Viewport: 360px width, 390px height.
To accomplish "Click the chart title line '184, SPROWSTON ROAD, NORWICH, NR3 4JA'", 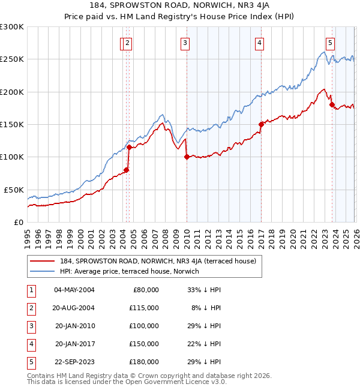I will (x=180, y=5).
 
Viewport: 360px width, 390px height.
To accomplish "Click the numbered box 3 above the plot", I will (x=185, y=43).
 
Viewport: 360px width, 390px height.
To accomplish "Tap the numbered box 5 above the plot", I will (x=331, y=43).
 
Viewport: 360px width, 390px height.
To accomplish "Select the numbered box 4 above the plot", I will (x=259, y=43).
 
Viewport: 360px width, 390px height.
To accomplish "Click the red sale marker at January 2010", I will (x=187, y=157).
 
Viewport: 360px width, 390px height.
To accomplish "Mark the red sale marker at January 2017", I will (x=261, y=125).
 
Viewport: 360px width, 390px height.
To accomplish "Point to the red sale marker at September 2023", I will (x=332, y=105).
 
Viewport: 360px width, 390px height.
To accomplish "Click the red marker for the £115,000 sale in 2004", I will (x=129, y=147).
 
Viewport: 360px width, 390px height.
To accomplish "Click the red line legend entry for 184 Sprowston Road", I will (x=158, y=261).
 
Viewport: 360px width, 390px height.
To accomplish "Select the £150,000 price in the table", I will (x=145, y=344).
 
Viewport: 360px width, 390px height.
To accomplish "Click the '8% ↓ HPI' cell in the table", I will (x=208, y=308).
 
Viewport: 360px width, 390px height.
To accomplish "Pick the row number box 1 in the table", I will (x=29, y=290).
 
